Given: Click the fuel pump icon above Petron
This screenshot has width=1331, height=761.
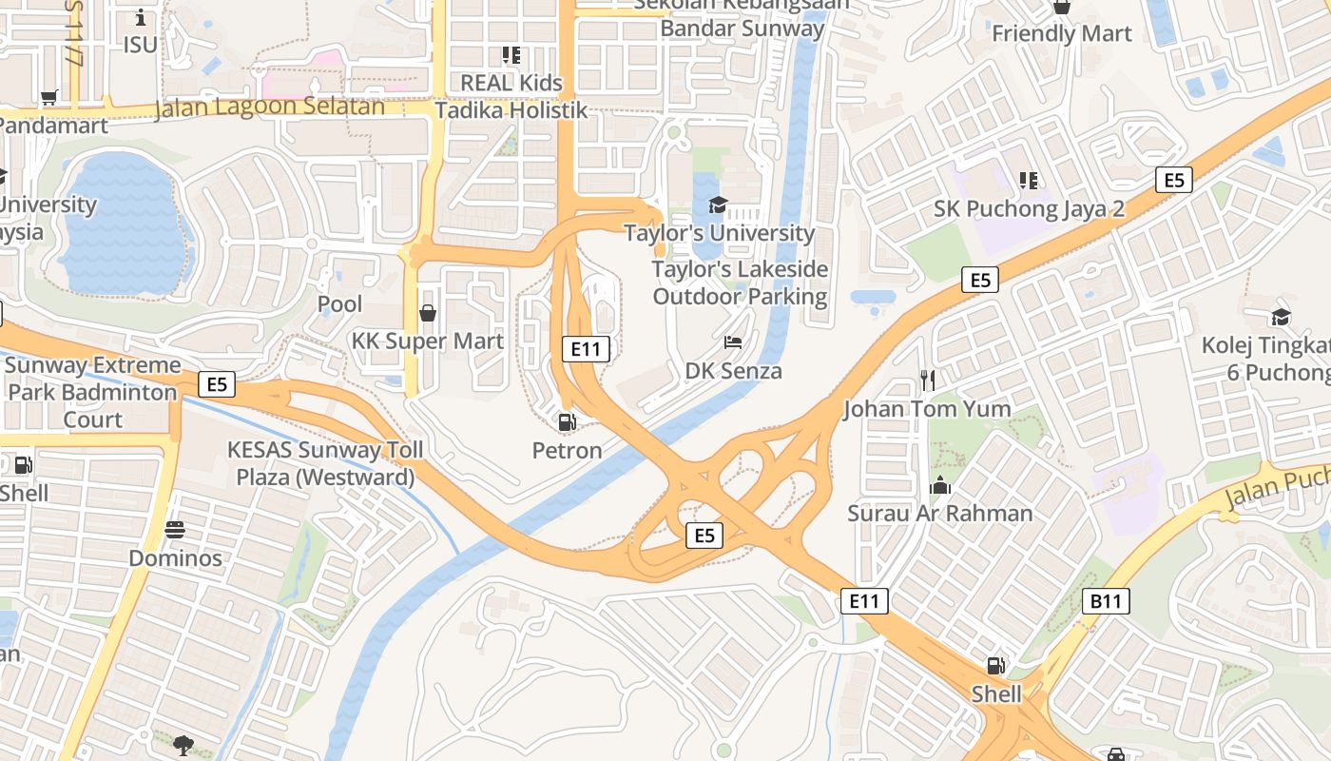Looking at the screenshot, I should (x=567, y=421).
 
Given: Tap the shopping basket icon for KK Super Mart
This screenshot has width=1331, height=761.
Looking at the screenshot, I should (x=428, y=312).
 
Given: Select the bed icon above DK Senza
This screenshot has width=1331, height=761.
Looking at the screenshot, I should (x=733, y=341).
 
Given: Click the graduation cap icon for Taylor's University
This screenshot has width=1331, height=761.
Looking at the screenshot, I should (x=718, y=205).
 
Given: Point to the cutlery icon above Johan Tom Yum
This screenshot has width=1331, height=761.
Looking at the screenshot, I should (x=928, y=380).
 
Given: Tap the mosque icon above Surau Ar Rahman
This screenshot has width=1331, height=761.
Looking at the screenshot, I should (x=940, y=485).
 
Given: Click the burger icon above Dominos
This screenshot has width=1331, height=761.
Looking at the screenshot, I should (x=175, y=529).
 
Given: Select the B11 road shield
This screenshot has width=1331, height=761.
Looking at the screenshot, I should (x=1107, y=601).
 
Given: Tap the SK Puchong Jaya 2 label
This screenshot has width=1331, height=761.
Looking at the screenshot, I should (x=1029, y=208).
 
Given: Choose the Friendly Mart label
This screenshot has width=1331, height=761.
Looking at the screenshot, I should (x=1061, y=34).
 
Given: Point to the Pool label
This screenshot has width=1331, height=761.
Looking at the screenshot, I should (x=339, y=304).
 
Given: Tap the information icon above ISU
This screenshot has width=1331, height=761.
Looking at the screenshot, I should (x=141, y=17).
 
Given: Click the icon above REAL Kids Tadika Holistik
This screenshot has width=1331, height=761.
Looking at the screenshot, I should (x=511, y=55).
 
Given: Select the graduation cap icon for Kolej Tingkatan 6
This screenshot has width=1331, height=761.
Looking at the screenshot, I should (x=1281, y=317).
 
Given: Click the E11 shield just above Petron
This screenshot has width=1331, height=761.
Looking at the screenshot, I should (x=586, y=349).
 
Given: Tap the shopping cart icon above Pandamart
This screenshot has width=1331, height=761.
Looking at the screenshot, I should (x=49, y=97).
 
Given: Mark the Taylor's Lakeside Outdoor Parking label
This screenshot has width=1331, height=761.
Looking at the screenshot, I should (x=740, y=283).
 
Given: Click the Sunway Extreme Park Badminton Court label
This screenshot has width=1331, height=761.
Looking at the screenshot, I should (x=92, y=392).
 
